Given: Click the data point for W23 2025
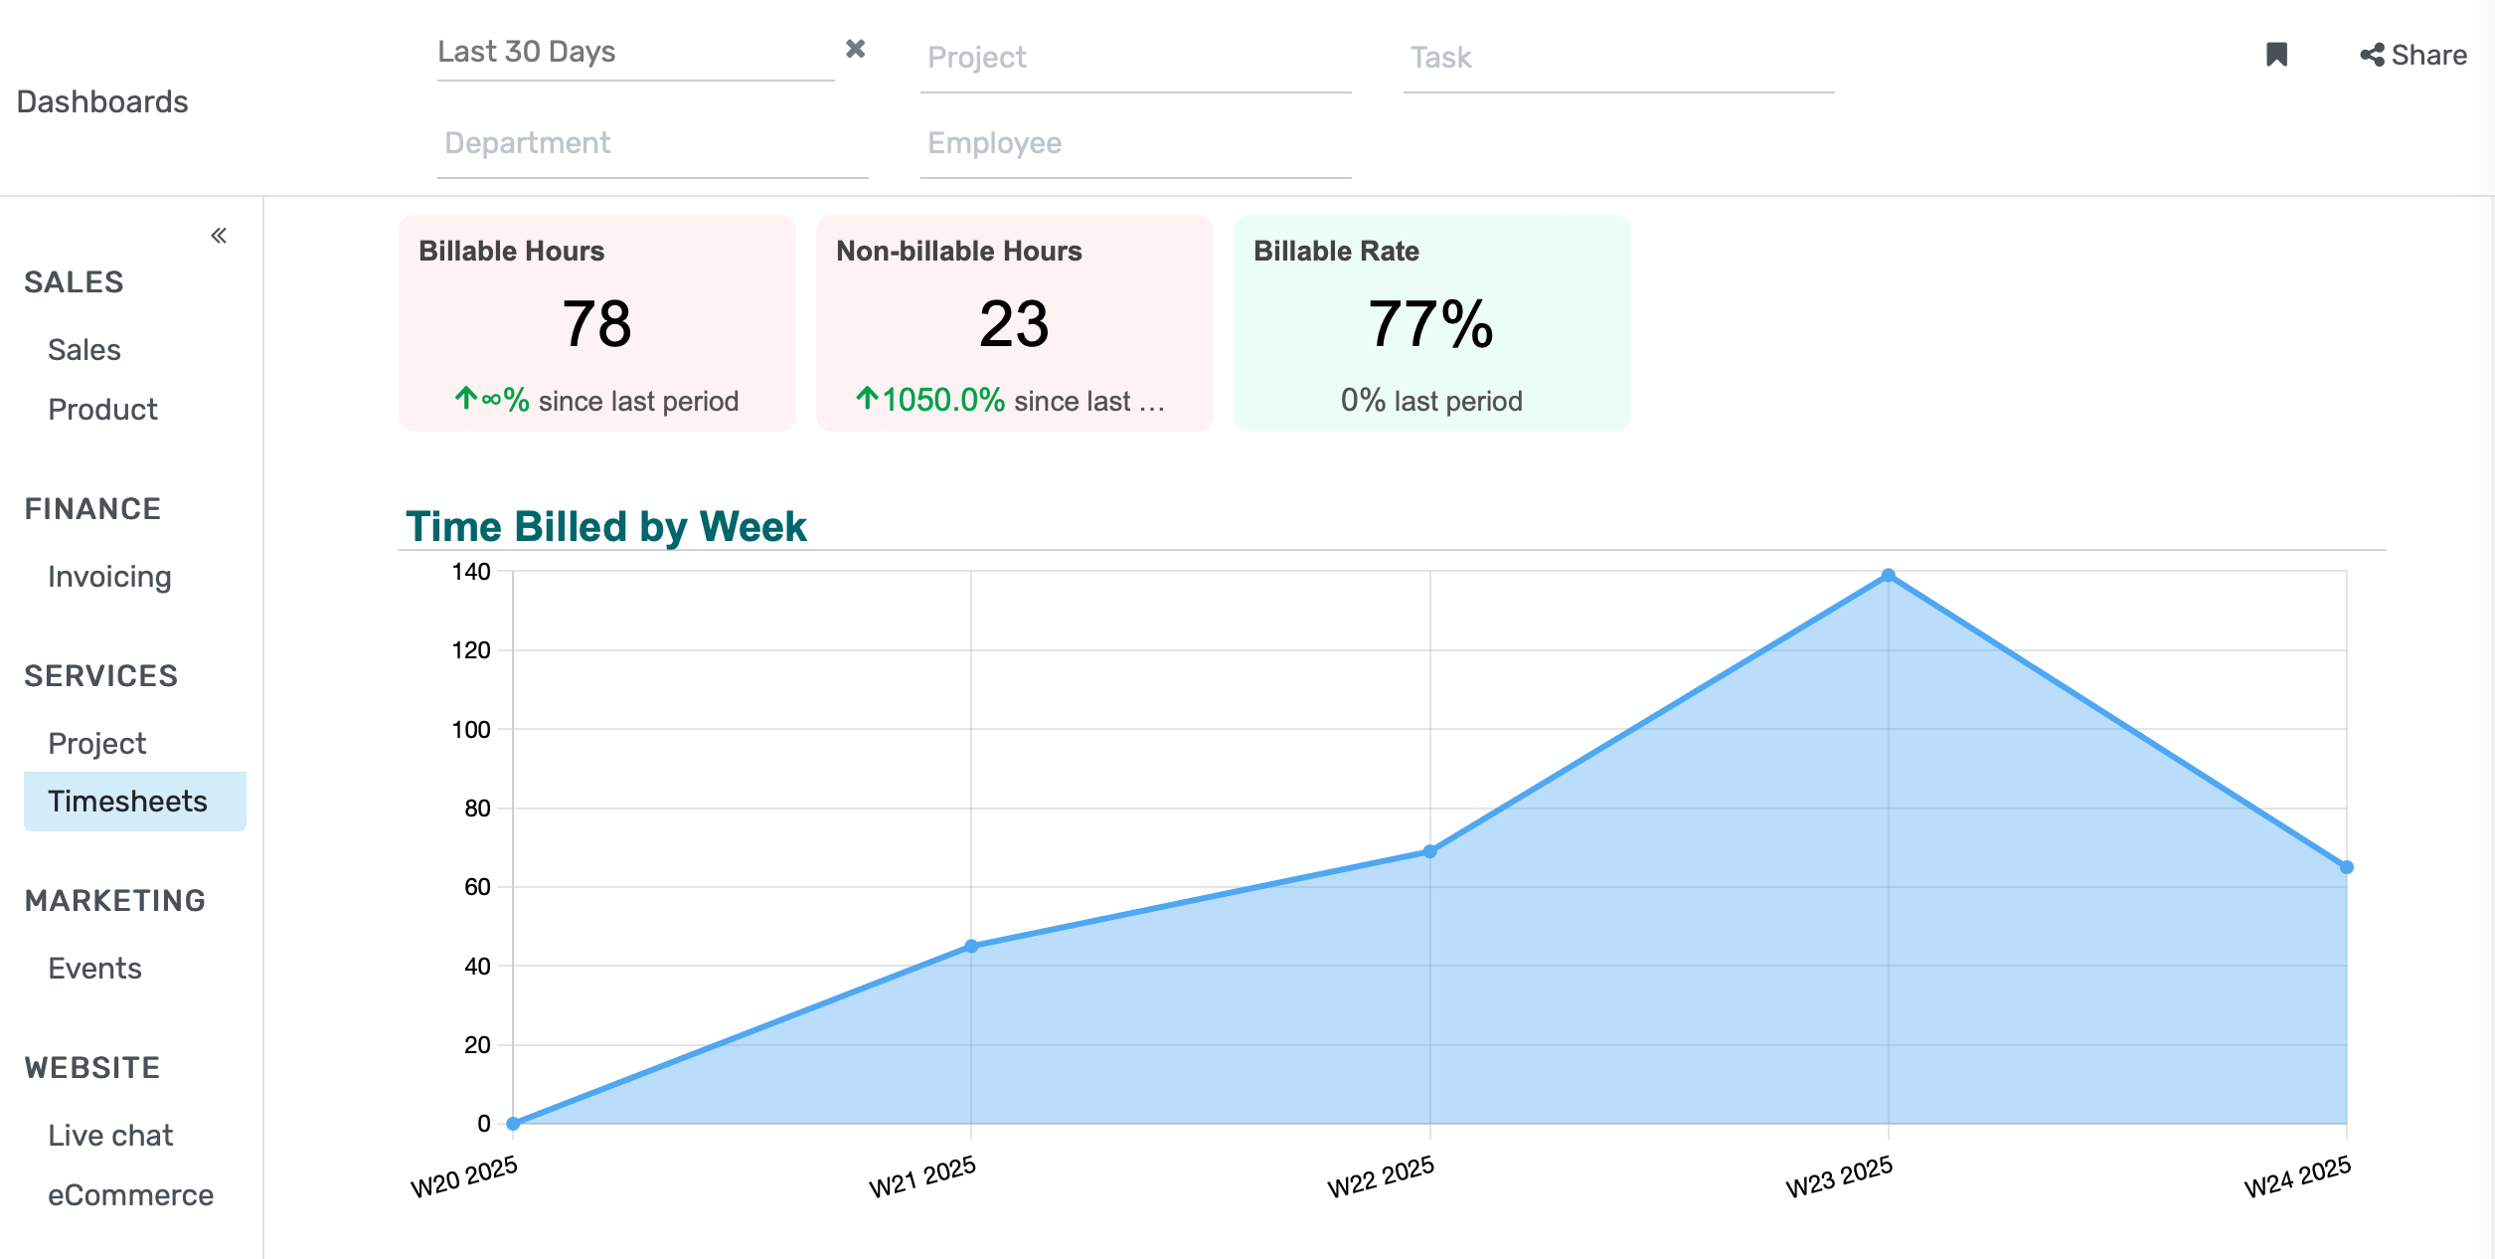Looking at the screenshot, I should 1888,576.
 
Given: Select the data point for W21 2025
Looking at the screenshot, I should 971,946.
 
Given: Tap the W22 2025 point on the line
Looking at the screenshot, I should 1429,851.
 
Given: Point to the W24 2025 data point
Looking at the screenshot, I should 2346,867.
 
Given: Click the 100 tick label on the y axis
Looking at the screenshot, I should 471,730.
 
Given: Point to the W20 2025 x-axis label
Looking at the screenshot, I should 464,1176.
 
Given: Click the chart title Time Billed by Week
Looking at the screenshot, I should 605,526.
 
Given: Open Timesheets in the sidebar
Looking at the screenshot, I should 127,802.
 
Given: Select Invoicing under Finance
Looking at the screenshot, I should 109,577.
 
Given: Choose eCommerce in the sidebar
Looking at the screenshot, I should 130,1195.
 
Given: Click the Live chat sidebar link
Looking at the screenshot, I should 110,1136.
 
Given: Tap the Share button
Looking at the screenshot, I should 2413,56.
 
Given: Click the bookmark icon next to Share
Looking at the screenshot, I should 2276,55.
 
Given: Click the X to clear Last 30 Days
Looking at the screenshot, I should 855,49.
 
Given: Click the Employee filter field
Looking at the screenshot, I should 1134,144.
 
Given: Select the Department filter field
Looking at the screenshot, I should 651,144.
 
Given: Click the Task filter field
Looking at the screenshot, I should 1617,59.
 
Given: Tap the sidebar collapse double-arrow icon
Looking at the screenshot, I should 219,236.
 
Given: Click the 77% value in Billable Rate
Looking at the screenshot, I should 1430,324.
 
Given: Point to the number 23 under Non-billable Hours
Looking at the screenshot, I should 1014,324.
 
